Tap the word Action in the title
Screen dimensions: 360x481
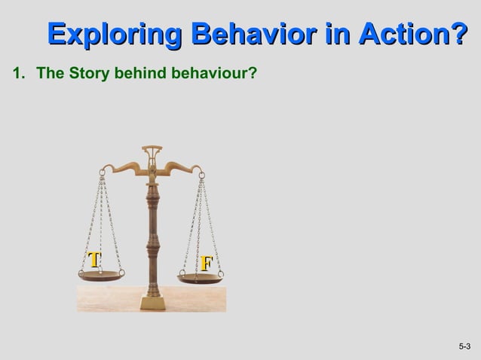[404, 35]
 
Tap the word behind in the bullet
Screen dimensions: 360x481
[137, 73]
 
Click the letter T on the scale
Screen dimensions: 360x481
[93, 260]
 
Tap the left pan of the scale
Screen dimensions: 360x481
[101, 276]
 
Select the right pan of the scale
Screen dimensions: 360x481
[200, 279]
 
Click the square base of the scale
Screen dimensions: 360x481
[153, 303]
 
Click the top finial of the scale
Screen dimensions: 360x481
[152, 148]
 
